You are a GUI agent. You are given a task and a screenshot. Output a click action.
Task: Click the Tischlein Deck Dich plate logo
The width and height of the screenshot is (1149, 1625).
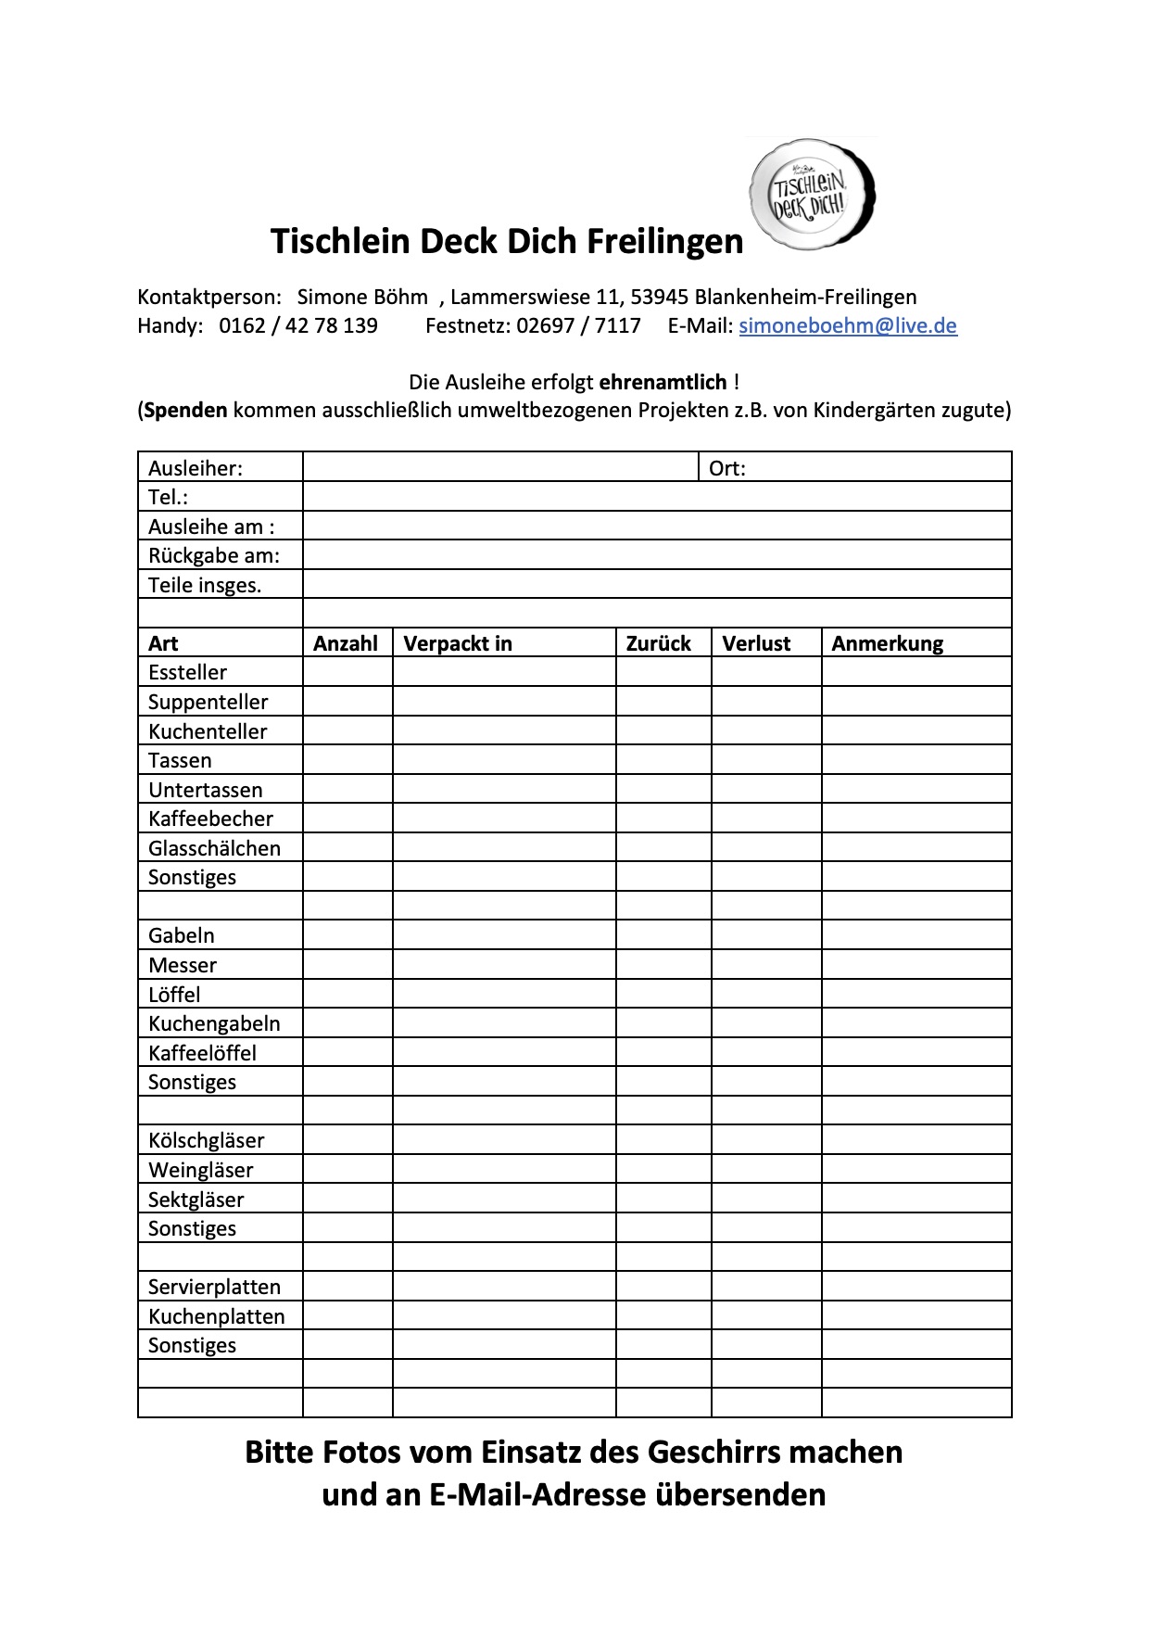[x=812, y=195]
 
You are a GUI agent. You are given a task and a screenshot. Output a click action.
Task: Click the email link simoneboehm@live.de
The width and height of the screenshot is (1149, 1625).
[x=847, y=325]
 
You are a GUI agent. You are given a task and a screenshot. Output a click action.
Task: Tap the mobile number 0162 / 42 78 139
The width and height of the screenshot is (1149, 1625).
[x=297, y=325]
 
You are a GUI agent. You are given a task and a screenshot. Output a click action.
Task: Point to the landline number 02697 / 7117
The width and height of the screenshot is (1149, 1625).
[x=578, y=325]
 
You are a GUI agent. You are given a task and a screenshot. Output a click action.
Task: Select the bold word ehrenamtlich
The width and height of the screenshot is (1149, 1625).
[x=663, y=382]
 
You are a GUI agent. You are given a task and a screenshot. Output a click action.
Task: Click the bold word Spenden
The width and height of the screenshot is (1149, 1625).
[x=186, y=410]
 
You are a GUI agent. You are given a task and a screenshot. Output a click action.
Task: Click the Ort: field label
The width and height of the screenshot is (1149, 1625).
[x=726, y=468]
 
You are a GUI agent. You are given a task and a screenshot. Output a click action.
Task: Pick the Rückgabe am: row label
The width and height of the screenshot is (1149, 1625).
[x=213, y=555]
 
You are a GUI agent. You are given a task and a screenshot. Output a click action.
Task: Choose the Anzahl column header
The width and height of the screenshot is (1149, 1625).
[x=346, y=643]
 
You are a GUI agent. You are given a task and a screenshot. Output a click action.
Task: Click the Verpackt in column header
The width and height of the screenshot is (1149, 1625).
[x=458, y=643]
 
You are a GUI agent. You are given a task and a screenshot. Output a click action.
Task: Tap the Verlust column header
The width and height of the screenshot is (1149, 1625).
[x=756, y=643]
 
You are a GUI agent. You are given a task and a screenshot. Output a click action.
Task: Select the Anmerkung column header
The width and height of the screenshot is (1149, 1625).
[x=887, y=643]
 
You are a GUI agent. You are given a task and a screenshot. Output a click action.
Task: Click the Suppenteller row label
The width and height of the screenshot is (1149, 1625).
[x=208, y=702]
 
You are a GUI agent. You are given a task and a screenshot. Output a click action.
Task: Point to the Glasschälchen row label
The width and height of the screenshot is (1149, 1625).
[x=214, y=848]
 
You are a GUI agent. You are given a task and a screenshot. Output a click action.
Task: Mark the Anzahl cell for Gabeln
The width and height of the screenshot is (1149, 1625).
[x=347, y=935]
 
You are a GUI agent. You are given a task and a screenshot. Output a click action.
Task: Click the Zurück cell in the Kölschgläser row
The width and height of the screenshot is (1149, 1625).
[x=663, y=1140]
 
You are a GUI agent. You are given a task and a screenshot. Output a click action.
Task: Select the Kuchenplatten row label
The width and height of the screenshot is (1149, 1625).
[x=216, y=1316]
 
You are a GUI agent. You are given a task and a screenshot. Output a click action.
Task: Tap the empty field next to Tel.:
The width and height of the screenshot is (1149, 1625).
[x=656, y=497]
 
